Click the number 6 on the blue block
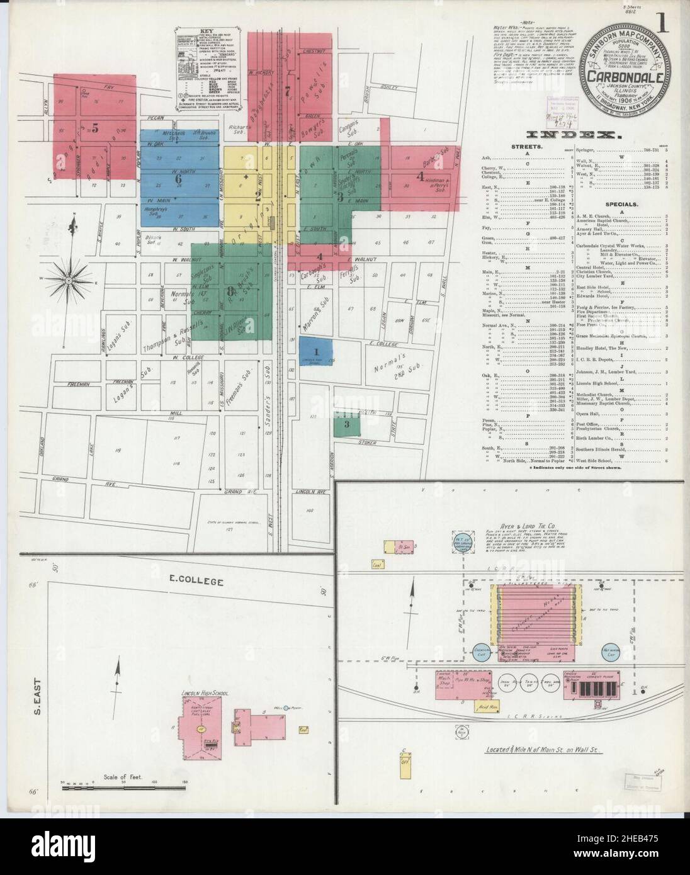178,179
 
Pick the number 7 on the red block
288,91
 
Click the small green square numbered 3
346,425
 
